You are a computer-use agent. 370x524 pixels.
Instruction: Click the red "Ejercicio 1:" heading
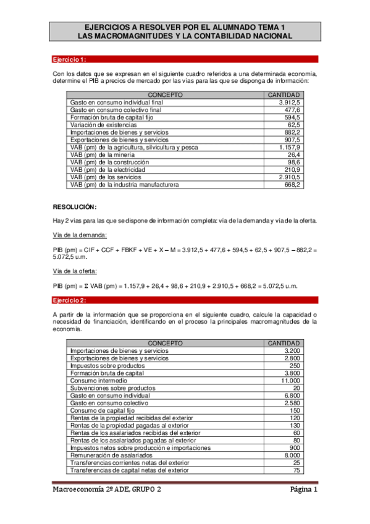click(x=69, y=59)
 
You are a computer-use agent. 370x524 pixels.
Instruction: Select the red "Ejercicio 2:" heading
click(x=69, y=300)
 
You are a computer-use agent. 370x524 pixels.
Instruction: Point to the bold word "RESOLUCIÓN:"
click(x=74, y=206)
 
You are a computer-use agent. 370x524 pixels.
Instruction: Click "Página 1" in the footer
click(x=304, y=490)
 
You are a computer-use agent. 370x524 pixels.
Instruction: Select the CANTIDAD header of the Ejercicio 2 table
click(x=283, y=343)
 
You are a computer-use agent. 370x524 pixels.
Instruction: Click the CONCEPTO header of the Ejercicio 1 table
click(x=166, y=95)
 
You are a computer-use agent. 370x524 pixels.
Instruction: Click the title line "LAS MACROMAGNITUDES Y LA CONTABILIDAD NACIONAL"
click(x=185, y=36)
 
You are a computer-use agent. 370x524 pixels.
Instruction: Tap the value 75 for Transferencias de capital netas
click(x=296, y=470)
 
